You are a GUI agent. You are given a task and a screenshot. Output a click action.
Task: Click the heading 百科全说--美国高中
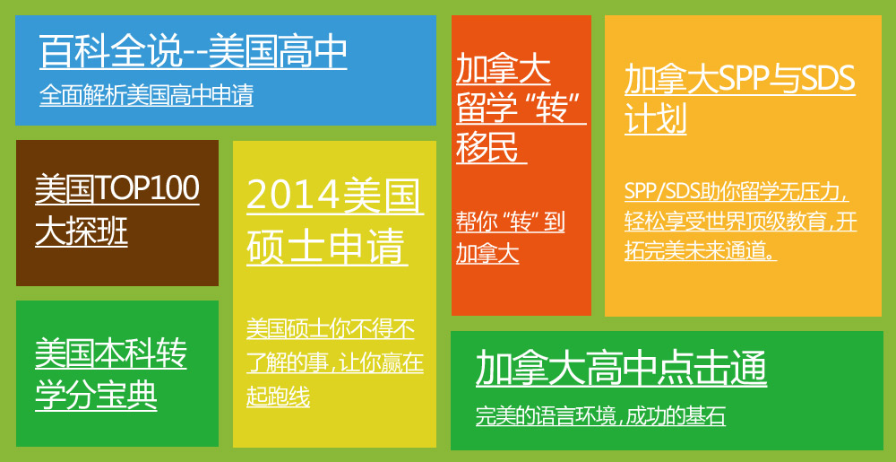click(194, 51)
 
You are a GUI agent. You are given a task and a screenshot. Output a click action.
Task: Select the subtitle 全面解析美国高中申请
click(146, 95)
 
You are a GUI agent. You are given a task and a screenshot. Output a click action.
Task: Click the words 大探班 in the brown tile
click(82, 232)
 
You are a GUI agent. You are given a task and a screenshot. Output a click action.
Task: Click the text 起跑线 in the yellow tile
click(279, 396)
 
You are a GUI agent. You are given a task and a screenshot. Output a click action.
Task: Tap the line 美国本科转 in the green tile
click(111, 353)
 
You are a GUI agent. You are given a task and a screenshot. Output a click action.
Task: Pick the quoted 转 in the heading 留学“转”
click(551, 109)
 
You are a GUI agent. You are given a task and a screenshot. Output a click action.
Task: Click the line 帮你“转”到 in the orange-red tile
click(511, 222)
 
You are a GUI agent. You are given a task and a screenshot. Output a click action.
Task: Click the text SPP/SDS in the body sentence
click(662, 192)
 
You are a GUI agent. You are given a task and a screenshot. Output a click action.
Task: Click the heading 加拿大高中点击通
click(621, 369)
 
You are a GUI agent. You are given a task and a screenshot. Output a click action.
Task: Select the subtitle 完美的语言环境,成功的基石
click(600, 416)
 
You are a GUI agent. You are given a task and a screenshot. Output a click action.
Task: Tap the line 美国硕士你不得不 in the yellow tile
click(331, 329)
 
